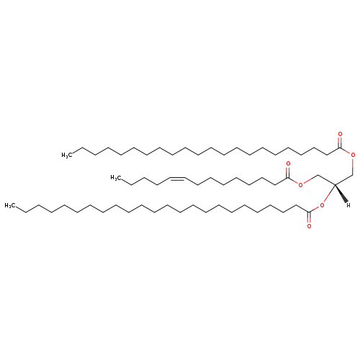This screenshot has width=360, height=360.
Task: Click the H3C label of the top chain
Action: pos(67,156)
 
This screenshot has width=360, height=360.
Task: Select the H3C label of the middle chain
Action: pos(116,178)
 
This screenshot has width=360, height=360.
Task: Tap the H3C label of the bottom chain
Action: pos(10,205)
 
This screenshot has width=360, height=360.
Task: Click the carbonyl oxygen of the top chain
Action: pos(340,134)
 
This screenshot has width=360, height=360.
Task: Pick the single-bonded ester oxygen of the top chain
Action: pos(353,155)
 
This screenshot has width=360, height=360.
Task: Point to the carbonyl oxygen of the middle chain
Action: pos(288,164)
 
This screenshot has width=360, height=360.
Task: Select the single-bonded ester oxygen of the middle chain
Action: pos(300,185)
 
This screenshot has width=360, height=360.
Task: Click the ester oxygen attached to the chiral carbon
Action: pos(322,205)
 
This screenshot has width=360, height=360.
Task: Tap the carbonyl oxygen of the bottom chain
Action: pos(309,226)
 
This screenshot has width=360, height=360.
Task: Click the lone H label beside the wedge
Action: pos(348,205)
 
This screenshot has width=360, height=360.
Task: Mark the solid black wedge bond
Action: pos(341,193)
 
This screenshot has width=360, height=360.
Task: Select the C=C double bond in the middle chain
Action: pos(178,179)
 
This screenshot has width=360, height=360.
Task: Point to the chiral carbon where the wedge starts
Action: pos(335,185)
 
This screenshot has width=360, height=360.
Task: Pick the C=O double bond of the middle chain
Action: pos(288,172)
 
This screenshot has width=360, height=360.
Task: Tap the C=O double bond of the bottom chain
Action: pos(309,218)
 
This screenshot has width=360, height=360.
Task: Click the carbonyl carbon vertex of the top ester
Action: pos(340,148)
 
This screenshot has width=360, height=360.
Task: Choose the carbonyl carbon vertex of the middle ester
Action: pos(288,178)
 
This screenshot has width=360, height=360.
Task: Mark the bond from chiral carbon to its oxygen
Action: pos(329,194)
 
